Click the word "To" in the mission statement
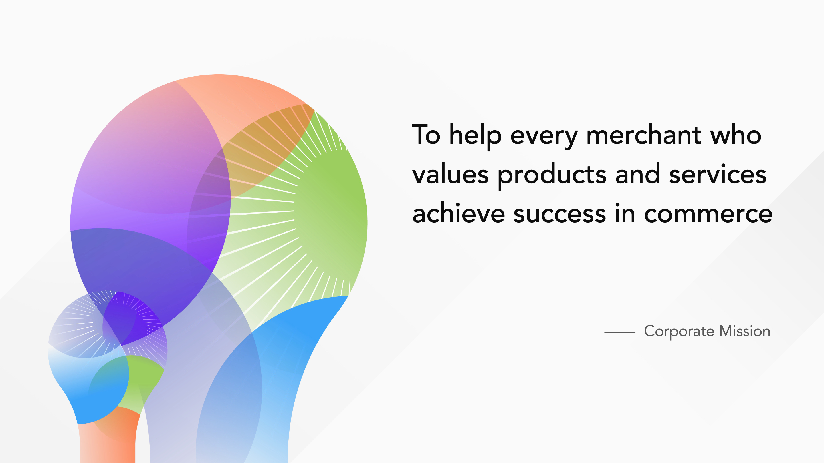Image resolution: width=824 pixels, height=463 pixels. [x=426, y=135]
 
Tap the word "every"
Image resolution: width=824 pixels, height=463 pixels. [x=544, y=138]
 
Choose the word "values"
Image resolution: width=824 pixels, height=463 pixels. [x=450, y=174]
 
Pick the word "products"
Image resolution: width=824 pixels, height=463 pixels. [x=552, y=176]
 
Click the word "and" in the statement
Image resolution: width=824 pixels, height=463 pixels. [x=638, y=174]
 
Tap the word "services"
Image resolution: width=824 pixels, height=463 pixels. [x=718, y=174]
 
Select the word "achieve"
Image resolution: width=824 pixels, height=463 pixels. [x=458, y=213]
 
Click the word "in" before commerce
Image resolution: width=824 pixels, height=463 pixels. [x=625, y=213]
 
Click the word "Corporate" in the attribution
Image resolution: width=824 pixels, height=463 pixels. [x=679, y=332]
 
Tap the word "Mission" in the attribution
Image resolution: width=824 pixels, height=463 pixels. [x=745, y=331]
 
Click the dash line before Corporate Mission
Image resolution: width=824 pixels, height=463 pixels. [x=620, y=332]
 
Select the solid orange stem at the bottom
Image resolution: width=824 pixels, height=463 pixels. [x=109, y=441]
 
